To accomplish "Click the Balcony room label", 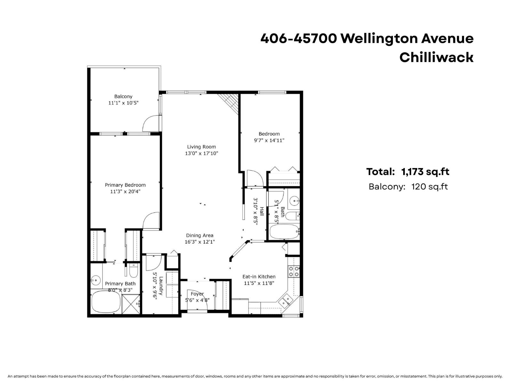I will [123, 96].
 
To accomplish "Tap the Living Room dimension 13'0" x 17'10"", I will [201, 153].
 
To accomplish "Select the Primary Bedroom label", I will [125, 185].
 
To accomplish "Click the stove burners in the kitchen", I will [294, 271].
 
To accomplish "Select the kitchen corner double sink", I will [285, 300].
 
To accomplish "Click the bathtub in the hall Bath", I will [284, 232].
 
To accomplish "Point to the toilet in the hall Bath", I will [292, 216].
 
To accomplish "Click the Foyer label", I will [197, 294].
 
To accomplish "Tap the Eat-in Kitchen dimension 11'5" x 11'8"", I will [259, 283].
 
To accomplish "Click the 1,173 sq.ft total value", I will [425, 172].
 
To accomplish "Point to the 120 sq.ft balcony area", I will [429, 187].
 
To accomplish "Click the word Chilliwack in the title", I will [436, 57].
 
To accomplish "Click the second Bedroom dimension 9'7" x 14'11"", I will [269, 140].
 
